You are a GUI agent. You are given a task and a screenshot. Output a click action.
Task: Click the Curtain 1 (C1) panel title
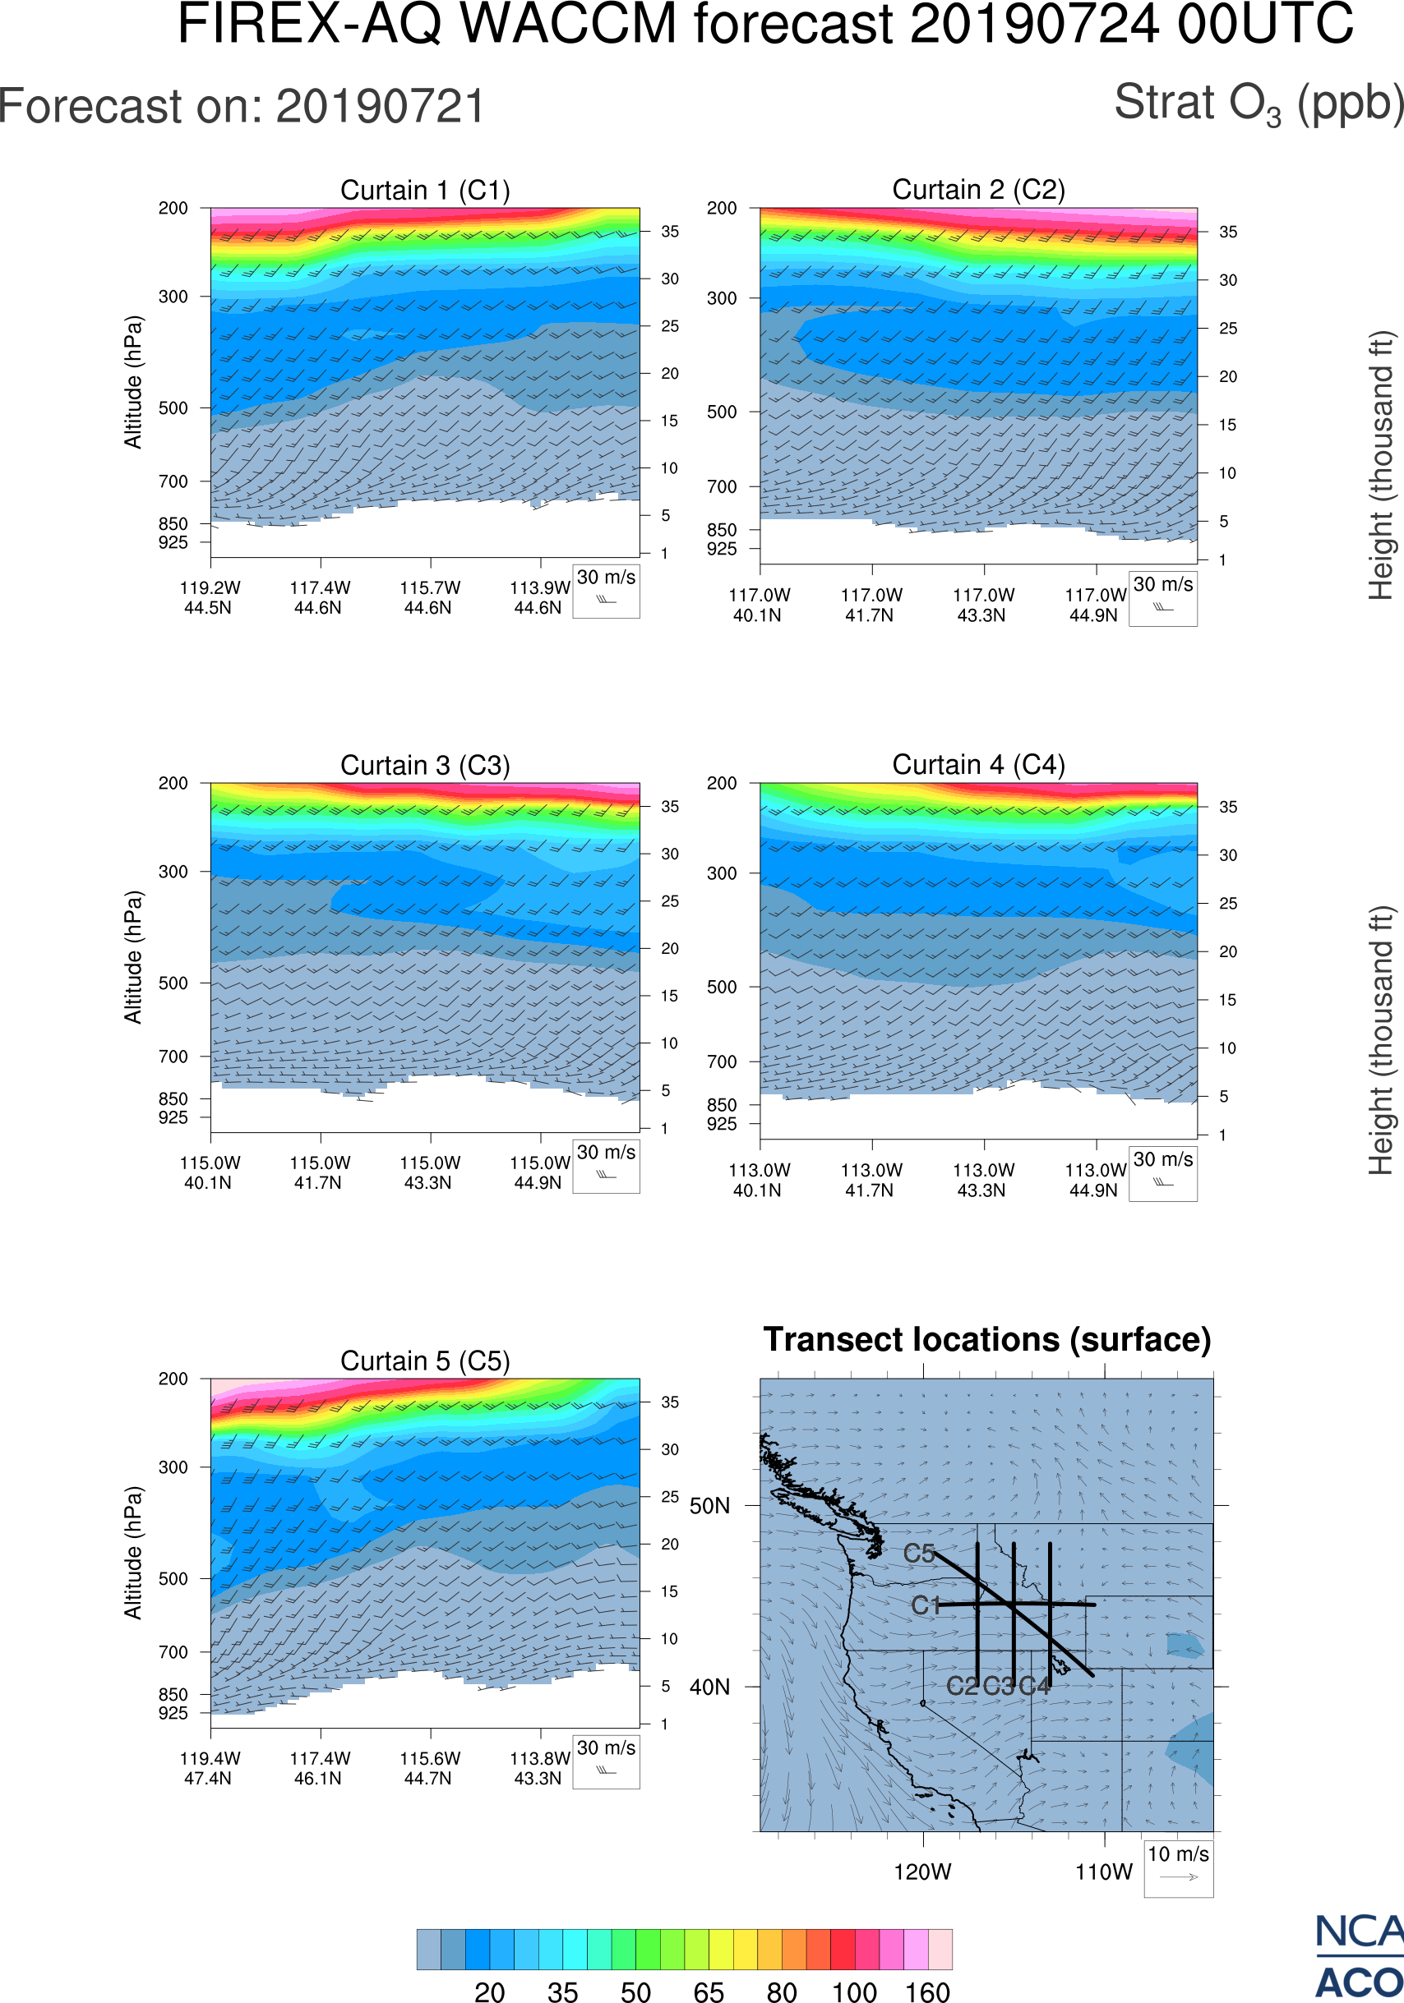(425, 190)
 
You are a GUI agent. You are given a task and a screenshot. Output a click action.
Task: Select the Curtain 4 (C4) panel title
(978, 765)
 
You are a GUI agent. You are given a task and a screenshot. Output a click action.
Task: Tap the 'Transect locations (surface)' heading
(987, 1339)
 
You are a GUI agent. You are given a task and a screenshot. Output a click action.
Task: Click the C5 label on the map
(919, 1554)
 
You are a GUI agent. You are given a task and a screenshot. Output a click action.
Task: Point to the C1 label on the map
(925, 1605)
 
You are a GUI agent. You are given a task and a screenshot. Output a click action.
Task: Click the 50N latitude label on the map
(709, 1507)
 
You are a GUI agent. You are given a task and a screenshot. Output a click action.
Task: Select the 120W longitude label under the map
(922, 1872)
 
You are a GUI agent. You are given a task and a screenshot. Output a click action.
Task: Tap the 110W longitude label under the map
(1104, 1872)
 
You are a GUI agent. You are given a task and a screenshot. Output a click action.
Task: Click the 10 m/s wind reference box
(1178, 1867)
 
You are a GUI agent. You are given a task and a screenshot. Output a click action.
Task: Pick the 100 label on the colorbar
(853, 1991)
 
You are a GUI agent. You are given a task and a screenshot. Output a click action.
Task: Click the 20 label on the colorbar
(490, 1991)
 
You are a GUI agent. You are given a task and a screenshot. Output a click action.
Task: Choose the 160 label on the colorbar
(926, 1991)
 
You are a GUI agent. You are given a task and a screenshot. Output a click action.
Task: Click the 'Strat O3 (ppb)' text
(1259, 104)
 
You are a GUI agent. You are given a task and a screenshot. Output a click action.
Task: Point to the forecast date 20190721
(381, 107)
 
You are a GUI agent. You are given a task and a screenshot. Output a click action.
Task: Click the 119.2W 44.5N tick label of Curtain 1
(210, 597)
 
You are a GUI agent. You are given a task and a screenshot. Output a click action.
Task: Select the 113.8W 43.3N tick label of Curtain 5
(539, 1768)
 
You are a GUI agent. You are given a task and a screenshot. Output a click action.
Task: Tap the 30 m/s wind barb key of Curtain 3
(606, 1166)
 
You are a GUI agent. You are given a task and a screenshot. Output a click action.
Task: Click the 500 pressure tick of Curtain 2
(722, 412)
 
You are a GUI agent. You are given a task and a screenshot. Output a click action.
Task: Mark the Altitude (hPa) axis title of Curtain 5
(132, 1553)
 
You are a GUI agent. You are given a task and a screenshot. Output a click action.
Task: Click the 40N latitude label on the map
(709, 1688)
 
